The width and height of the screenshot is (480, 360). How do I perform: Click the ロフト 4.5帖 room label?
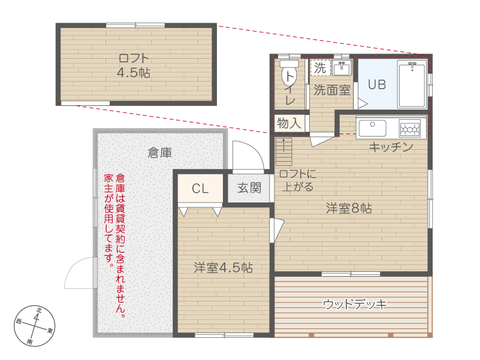click(134, 65)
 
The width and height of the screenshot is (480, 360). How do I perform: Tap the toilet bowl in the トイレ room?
click(289, 74)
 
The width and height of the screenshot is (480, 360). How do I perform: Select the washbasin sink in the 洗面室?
click(342, 68)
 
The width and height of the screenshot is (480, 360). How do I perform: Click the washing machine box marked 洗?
click(320, 68)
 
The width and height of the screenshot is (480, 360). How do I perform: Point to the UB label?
click(377, 84)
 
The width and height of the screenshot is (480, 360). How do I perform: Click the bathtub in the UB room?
click(412, 84)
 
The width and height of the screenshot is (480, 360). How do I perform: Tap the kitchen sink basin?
click(372, 128)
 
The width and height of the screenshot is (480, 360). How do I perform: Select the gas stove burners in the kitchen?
click(410, 128)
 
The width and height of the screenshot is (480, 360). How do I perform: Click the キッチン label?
click(391, 147)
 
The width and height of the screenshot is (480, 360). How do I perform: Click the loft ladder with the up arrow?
click(284, 152)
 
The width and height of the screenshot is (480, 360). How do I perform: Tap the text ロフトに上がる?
click(298, 180)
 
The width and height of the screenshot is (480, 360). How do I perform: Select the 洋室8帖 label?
click(349, 208)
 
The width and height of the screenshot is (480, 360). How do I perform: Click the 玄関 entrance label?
click(249, 187)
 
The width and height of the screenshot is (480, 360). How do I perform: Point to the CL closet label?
click(200, 189)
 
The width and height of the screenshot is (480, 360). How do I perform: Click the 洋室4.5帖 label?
click(223, 268)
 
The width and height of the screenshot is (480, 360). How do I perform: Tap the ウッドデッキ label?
click(355, 304)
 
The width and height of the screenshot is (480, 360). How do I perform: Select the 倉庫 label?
click(160, 153)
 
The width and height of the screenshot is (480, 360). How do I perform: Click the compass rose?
click(35, 326)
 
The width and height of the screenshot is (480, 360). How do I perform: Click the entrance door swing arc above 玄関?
click(256, 149)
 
